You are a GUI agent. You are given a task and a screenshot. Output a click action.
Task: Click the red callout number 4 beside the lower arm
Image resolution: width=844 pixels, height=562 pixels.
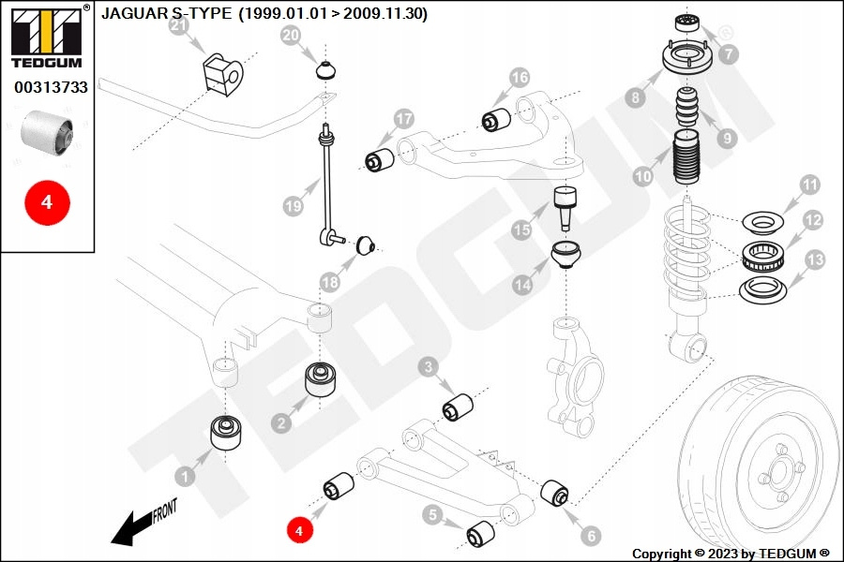pyautogui.click(x=299, y=530)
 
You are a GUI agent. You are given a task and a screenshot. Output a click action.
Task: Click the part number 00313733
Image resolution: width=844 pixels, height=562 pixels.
pyautogui.click(x=51, y=87)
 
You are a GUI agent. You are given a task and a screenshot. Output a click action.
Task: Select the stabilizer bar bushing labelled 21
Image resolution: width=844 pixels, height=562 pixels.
pyautogui.click(x=221, y=72)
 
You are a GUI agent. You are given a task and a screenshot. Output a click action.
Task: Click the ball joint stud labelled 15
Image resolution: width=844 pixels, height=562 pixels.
pyautogui.click(x=565, y=206)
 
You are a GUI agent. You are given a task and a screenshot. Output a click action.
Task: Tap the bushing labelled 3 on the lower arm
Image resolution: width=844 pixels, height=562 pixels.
pyautogui.click(x=457, y=407)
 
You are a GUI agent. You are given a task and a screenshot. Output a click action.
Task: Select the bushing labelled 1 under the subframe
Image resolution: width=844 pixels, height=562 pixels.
pyautogui.click(x=225, y=431)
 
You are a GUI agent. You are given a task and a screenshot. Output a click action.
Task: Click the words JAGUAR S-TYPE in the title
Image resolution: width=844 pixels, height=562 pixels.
pyautogui.click(x=165, y=14)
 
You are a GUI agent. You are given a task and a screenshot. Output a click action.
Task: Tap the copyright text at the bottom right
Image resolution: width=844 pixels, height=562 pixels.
pyautogui.click(x=731, y=554)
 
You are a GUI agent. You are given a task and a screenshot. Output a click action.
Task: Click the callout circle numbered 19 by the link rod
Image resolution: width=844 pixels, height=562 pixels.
pyautogui.click(x=293, y=204)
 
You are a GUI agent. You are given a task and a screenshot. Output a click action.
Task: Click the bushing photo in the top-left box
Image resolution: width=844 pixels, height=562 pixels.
pyautogui.click(x=48, y=131)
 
